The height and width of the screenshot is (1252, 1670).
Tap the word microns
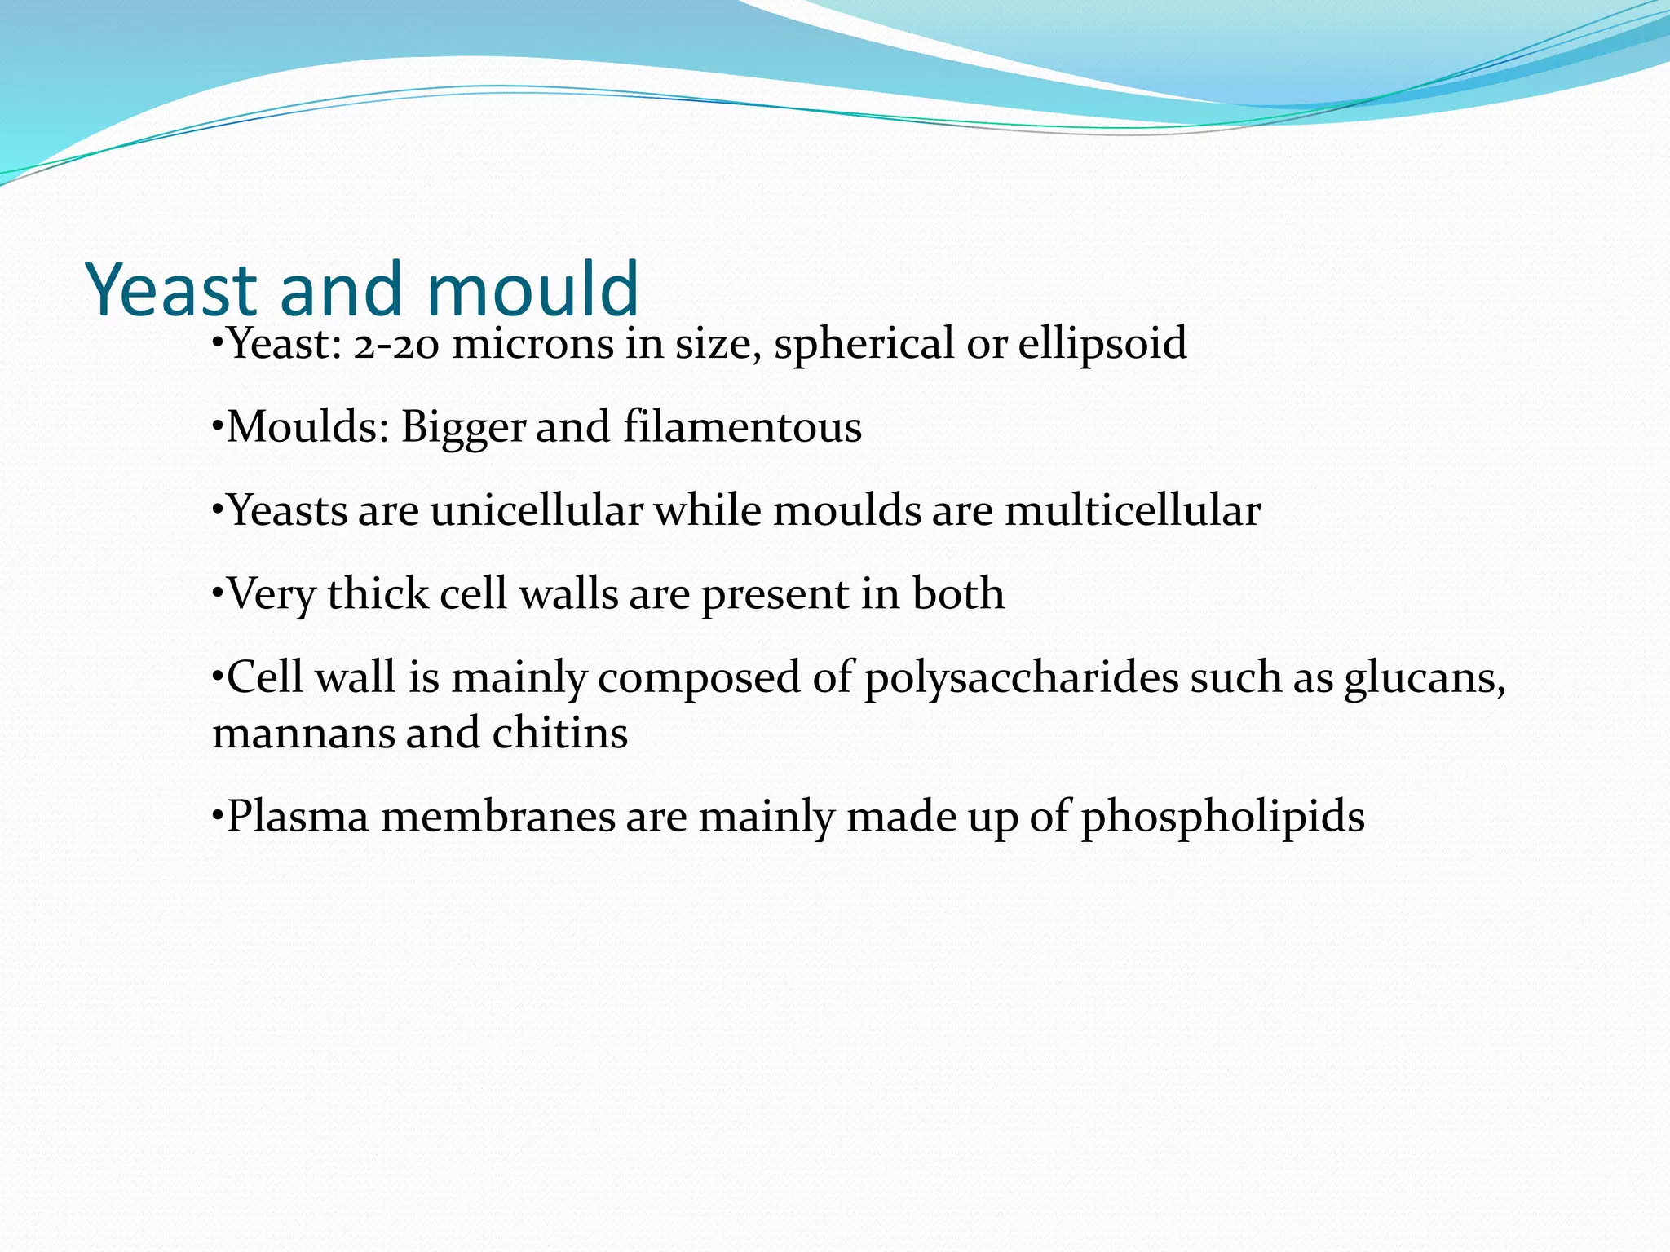coord(533,344)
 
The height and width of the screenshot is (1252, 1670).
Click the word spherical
coord(864,344)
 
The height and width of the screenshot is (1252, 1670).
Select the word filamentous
coord(742,427)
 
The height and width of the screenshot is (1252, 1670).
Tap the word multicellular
coord(1133,511)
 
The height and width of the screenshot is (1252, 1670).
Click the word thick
coord(378,593)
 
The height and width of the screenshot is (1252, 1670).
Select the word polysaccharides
coord(1021,678)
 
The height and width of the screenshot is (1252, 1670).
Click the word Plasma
coord(298,817)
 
